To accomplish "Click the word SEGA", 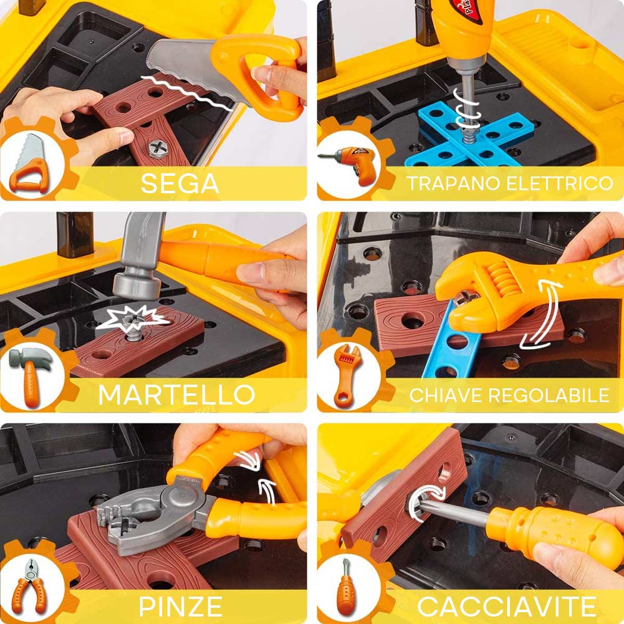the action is [x=180, y=183].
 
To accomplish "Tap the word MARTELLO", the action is [x=176, y=395].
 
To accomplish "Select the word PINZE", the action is [x=180, y=607].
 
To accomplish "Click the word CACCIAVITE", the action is [x=506, y=607].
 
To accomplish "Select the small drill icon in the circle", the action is [x=348, y=164].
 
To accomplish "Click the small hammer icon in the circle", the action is [x=31, y=377].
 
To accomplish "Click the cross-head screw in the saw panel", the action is [x=158, y=149].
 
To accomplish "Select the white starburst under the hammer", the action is [x=132, y=319].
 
